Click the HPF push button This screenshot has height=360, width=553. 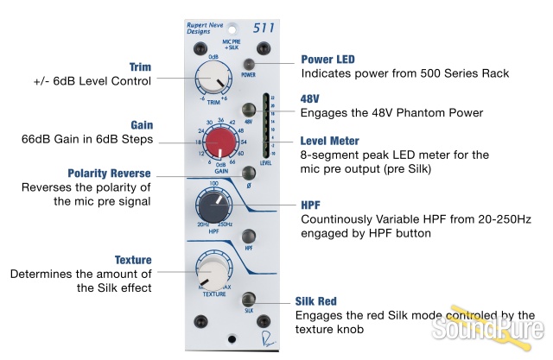point(249,236)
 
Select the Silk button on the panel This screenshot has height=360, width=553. point(249,298)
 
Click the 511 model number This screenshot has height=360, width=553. point(263,28)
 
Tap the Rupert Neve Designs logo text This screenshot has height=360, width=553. point(205,29)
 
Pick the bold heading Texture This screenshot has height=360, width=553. point(133,260)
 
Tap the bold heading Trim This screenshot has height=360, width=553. point(140,66)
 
